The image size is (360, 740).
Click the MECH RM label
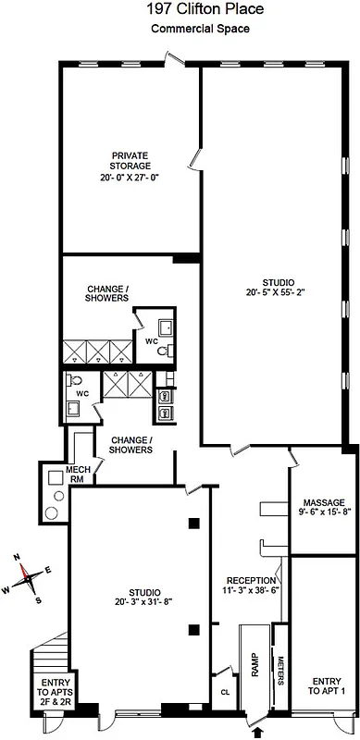tap(77, 475)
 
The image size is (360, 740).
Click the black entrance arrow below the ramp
tap(257, 732)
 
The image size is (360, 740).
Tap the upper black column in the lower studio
tap(194, 524)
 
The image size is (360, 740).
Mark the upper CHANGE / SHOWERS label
tap(107, 293)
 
